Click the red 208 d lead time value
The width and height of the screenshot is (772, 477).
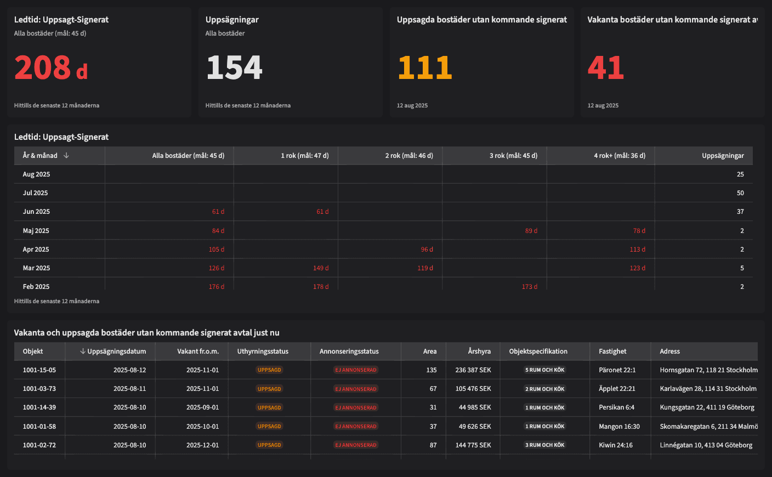[x=51, y=68]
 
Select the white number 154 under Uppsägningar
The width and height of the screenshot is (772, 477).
[x=234, y=68]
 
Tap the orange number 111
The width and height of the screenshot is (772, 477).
[x=425, y=68]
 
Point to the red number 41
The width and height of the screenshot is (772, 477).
[x=606, y=68]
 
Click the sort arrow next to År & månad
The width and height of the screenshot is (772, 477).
[x=66, y=156]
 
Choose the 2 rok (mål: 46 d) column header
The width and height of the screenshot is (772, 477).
[x=409, y=156]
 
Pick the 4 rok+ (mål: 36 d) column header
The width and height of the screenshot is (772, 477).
[x=620, y=156]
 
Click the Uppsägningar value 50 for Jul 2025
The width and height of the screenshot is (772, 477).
[x=740, y=193]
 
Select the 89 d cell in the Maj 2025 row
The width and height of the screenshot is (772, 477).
[x=531, y=231]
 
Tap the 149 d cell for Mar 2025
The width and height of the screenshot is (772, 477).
[x=321, y=268]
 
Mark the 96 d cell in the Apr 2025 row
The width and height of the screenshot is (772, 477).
[x=427, y=249]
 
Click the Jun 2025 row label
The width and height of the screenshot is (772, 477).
[x=36, y=212]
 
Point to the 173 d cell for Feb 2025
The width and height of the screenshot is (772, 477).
[x=529, y=287]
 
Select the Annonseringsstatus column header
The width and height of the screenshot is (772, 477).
[x=349, y=351]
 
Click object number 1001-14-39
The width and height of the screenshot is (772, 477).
[x=39, y=407]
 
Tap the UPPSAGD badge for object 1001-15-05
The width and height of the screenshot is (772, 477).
[x=269, y=370]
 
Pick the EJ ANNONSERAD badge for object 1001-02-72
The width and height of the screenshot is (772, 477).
[x=356, y=445]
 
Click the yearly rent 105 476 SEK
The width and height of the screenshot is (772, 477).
[x=473, y=389]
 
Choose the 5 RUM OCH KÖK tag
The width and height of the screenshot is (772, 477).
[x=544, y=370]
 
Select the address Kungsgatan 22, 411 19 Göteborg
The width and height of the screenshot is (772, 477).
[x=707, y=407]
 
